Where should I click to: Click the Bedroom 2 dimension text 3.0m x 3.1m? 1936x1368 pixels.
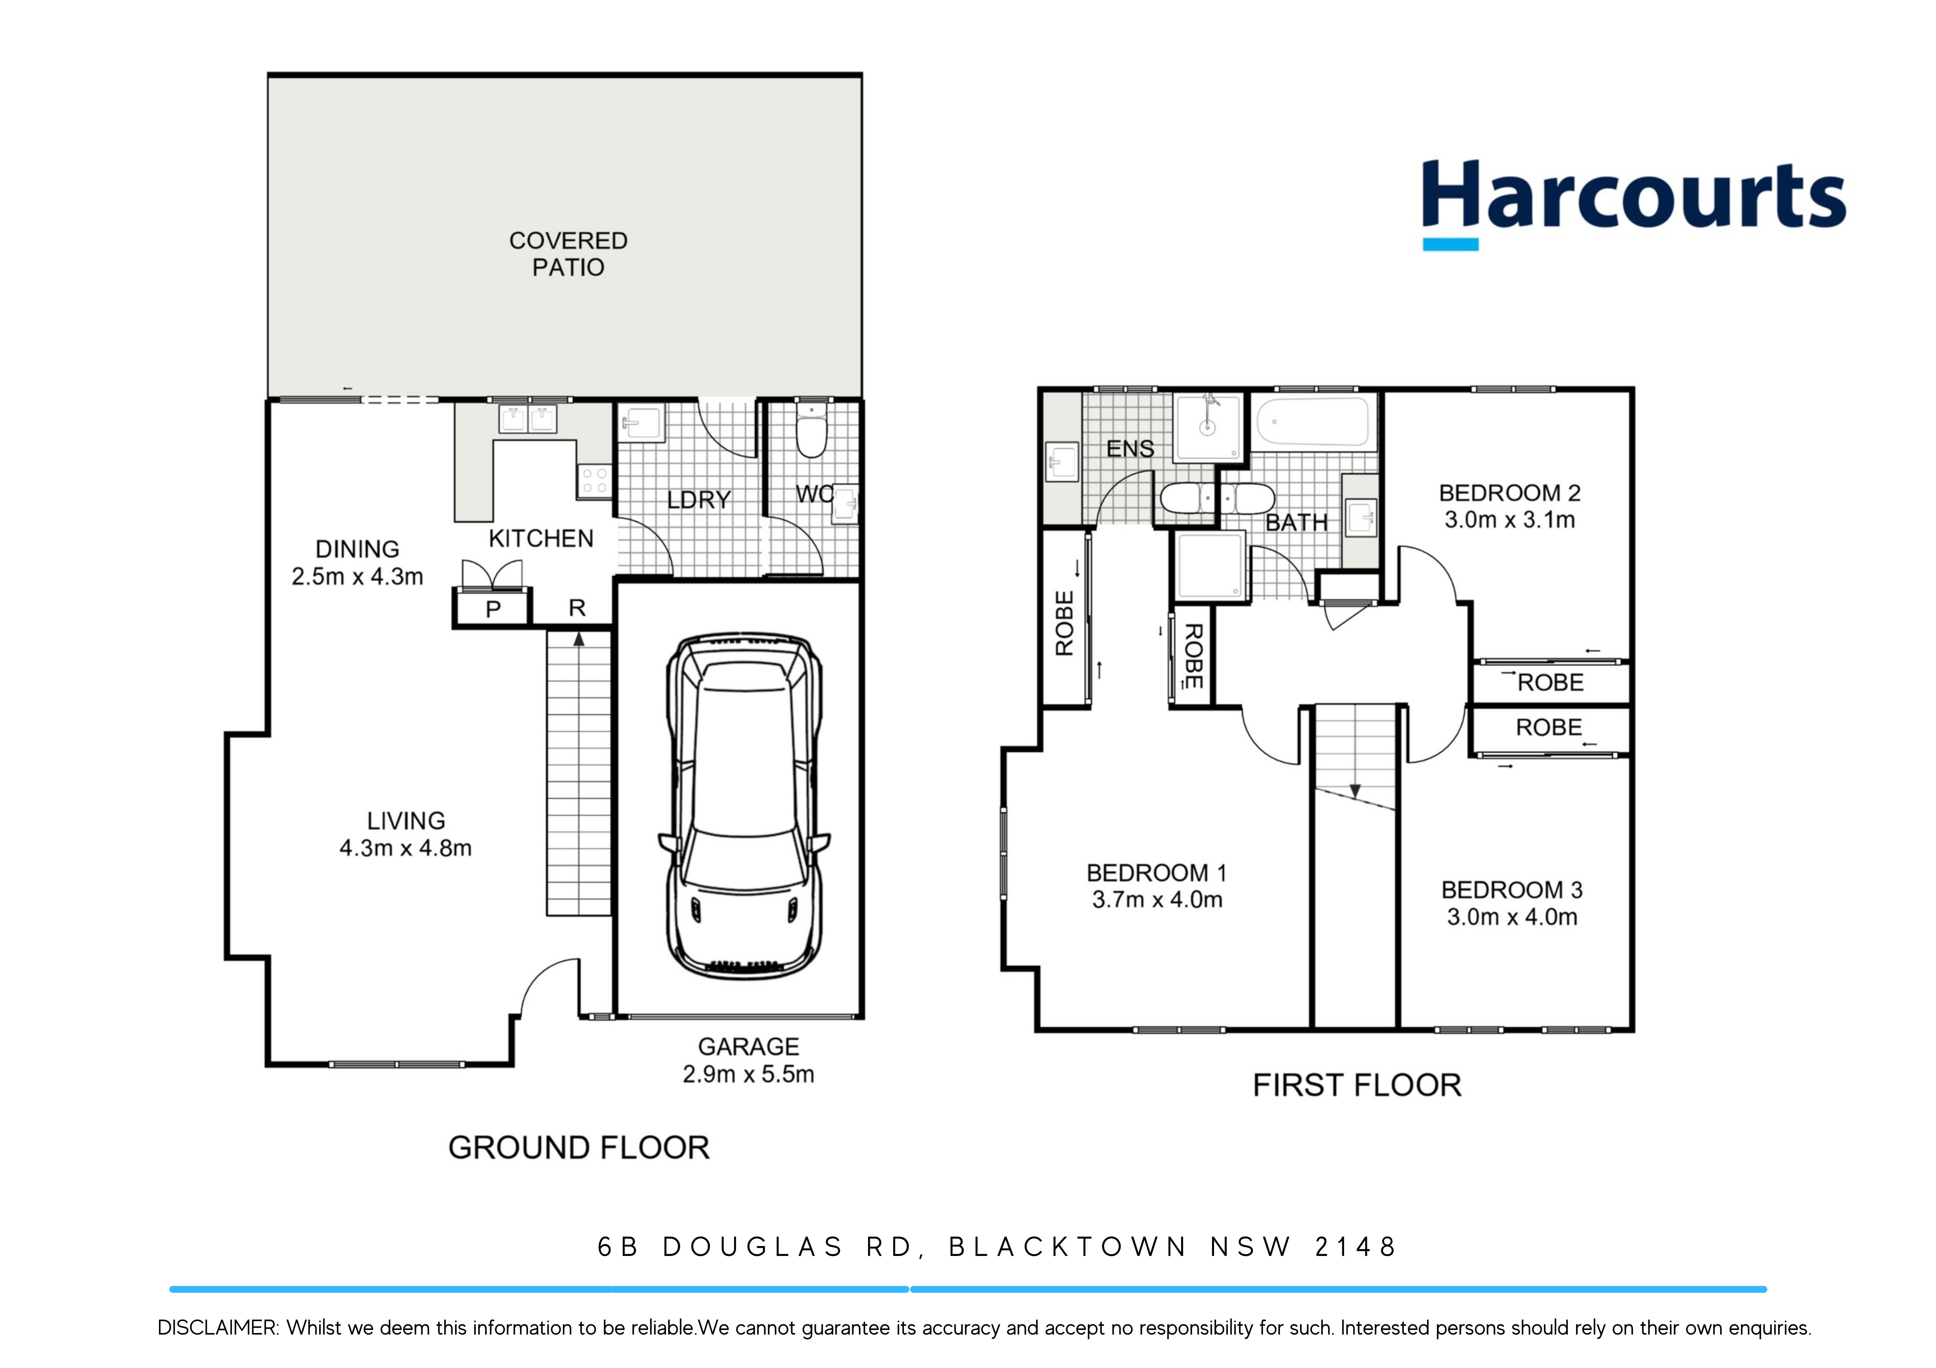1509,520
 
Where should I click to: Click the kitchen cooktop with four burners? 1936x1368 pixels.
594,481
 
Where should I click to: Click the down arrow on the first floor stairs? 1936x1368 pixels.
1355,791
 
